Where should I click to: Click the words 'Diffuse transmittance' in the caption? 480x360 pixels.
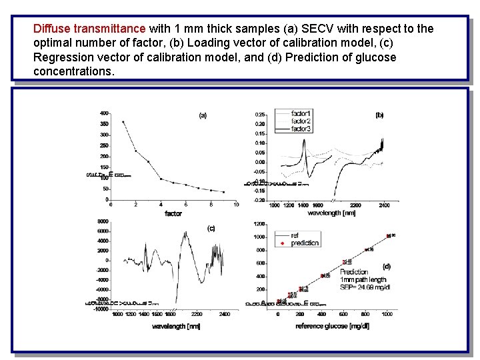pyautogui.click(x=89, y=29)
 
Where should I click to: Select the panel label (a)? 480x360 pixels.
pyautogui.click(x=203, y=115)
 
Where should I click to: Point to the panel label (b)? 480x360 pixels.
pyautogui.click(x=379, y=115)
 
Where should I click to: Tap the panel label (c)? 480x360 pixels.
pyautogui.click(x=211, y=228)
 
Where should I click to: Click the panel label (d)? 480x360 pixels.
pyautogui.click(x=386, y=266)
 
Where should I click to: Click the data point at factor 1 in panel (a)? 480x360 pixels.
pyautogui.click(x=123, y=122)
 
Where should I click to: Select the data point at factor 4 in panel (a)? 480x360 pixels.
pyautogui.click(x=161, y=179)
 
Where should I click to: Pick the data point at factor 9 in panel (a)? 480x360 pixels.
pyautogui.click(x=223, y=192)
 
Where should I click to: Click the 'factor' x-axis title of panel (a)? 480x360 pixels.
pyautogui.click(x=173, y=213)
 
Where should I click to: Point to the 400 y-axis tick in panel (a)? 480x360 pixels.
pyautogui.click(x=105, y=113)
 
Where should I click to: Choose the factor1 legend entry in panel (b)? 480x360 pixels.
pyautogui.click(x=301, y=113)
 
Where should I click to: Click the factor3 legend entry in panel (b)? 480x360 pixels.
pyautogui.click(x=301, y=129)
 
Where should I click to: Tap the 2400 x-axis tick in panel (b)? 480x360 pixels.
pyautogui.click(x=385, y=205)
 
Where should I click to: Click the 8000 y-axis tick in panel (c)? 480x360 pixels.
pyautogui.click(x=103, y=221)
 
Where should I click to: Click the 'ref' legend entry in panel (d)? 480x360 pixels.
pyautogui.click(x=295, y=235)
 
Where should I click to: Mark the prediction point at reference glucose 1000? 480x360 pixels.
pyautogui.click(x=388, y=236)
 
